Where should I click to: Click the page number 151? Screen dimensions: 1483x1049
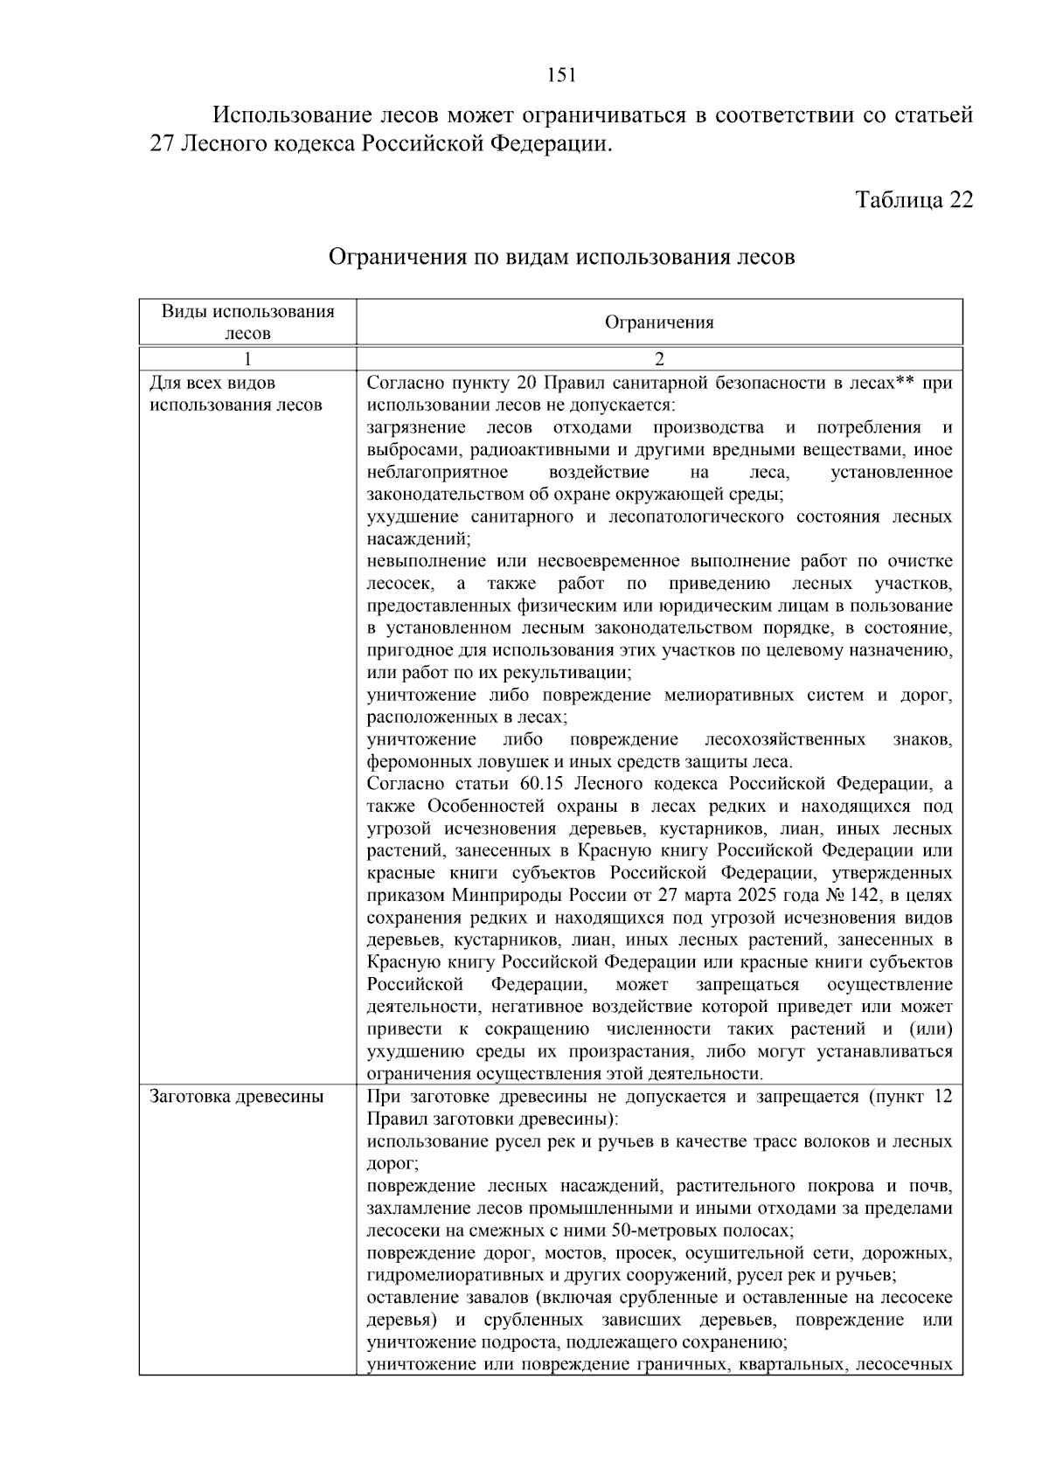[x=561, y=75]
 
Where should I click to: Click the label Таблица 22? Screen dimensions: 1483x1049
[x=914, y=200]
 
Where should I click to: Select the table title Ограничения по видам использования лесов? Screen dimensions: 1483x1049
[x=561, y=258]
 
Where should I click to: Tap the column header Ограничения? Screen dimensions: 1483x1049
[x=659, y=322]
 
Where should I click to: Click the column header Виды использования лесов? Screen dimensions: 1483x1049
[x=248, y=322]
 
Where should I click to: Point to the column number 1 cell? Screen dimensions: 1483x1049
[x=248, y=359]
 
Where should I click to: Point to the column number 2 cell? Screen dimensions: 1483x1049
[x=659, y=359]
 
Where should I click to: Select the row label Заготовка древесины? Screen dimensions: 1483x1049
[x=236, y=1097]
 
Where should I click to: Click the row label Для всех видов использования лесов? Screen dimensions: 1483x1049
[x=236, y=394]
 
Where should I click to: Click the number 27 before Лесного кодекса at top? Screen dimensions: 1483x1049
[x=163, y=144]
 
